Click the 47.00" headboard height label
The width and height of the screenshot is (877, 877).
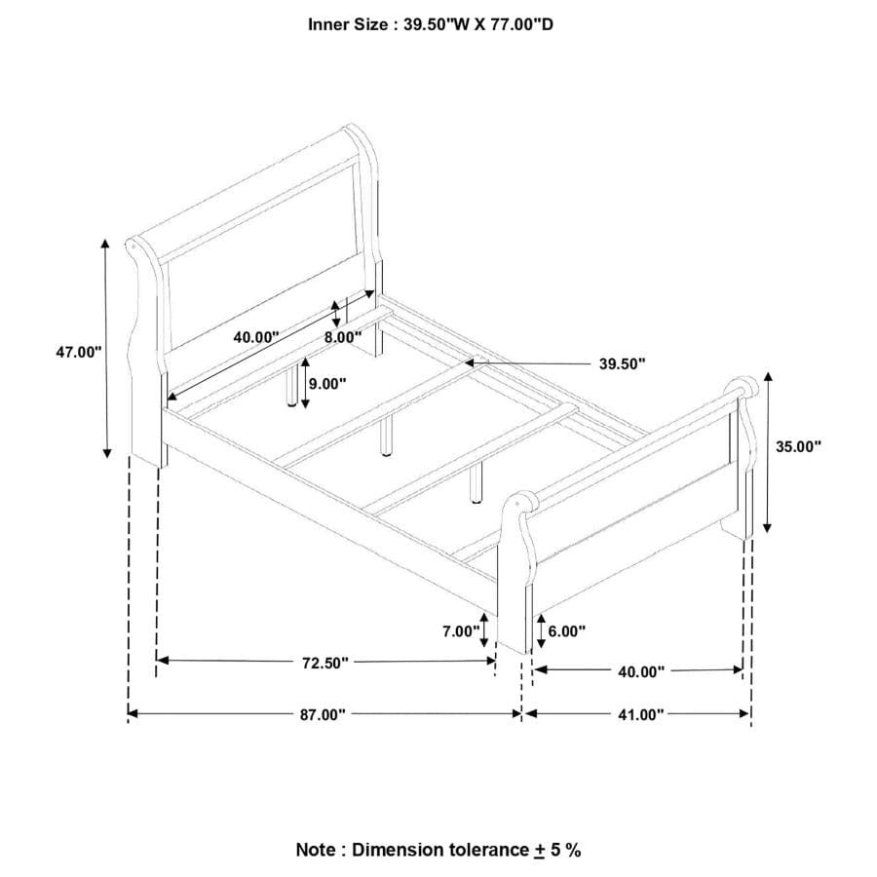[x=78, y=353]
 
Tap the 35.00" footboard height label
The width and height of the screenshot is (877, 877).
[x=798, y=446]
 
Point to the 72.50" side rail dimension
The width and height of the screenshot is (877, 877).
[x=324, y=663]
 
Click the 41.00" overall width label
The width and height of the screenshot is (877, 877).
[x=640, y=715]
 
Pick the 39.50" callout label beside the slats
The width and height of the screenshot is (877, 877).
[x=623, y=364]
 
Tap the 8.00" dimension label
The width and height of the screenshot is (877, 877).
[x=343, y=337]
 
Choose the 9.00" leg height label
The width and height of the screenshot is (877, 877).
[x=327, y=384]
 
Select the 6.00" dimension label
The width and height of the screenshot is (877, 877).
[x=566, y=631]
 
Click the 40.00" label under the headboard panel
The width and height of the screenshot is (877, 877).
[x=256, y=337]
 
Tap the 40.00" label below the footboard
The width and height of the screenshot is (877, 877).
[x=641, y=671]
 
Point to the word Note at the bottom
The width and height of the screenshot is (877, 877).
[x=316, y=850]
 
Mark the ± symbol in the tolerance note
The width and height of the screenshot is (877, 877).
[x=539, y=851]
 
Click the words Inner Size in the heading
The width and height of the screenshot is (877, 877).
[x=348, y=24]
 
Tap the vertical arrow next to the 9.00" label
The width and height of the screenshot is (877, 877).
[x=305, y=383]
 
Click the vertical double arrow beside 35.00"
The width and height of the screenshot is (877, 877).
[x=768, y=452]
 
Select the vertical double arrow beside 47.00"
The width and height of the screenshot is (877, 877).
[x=105, y=348]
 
